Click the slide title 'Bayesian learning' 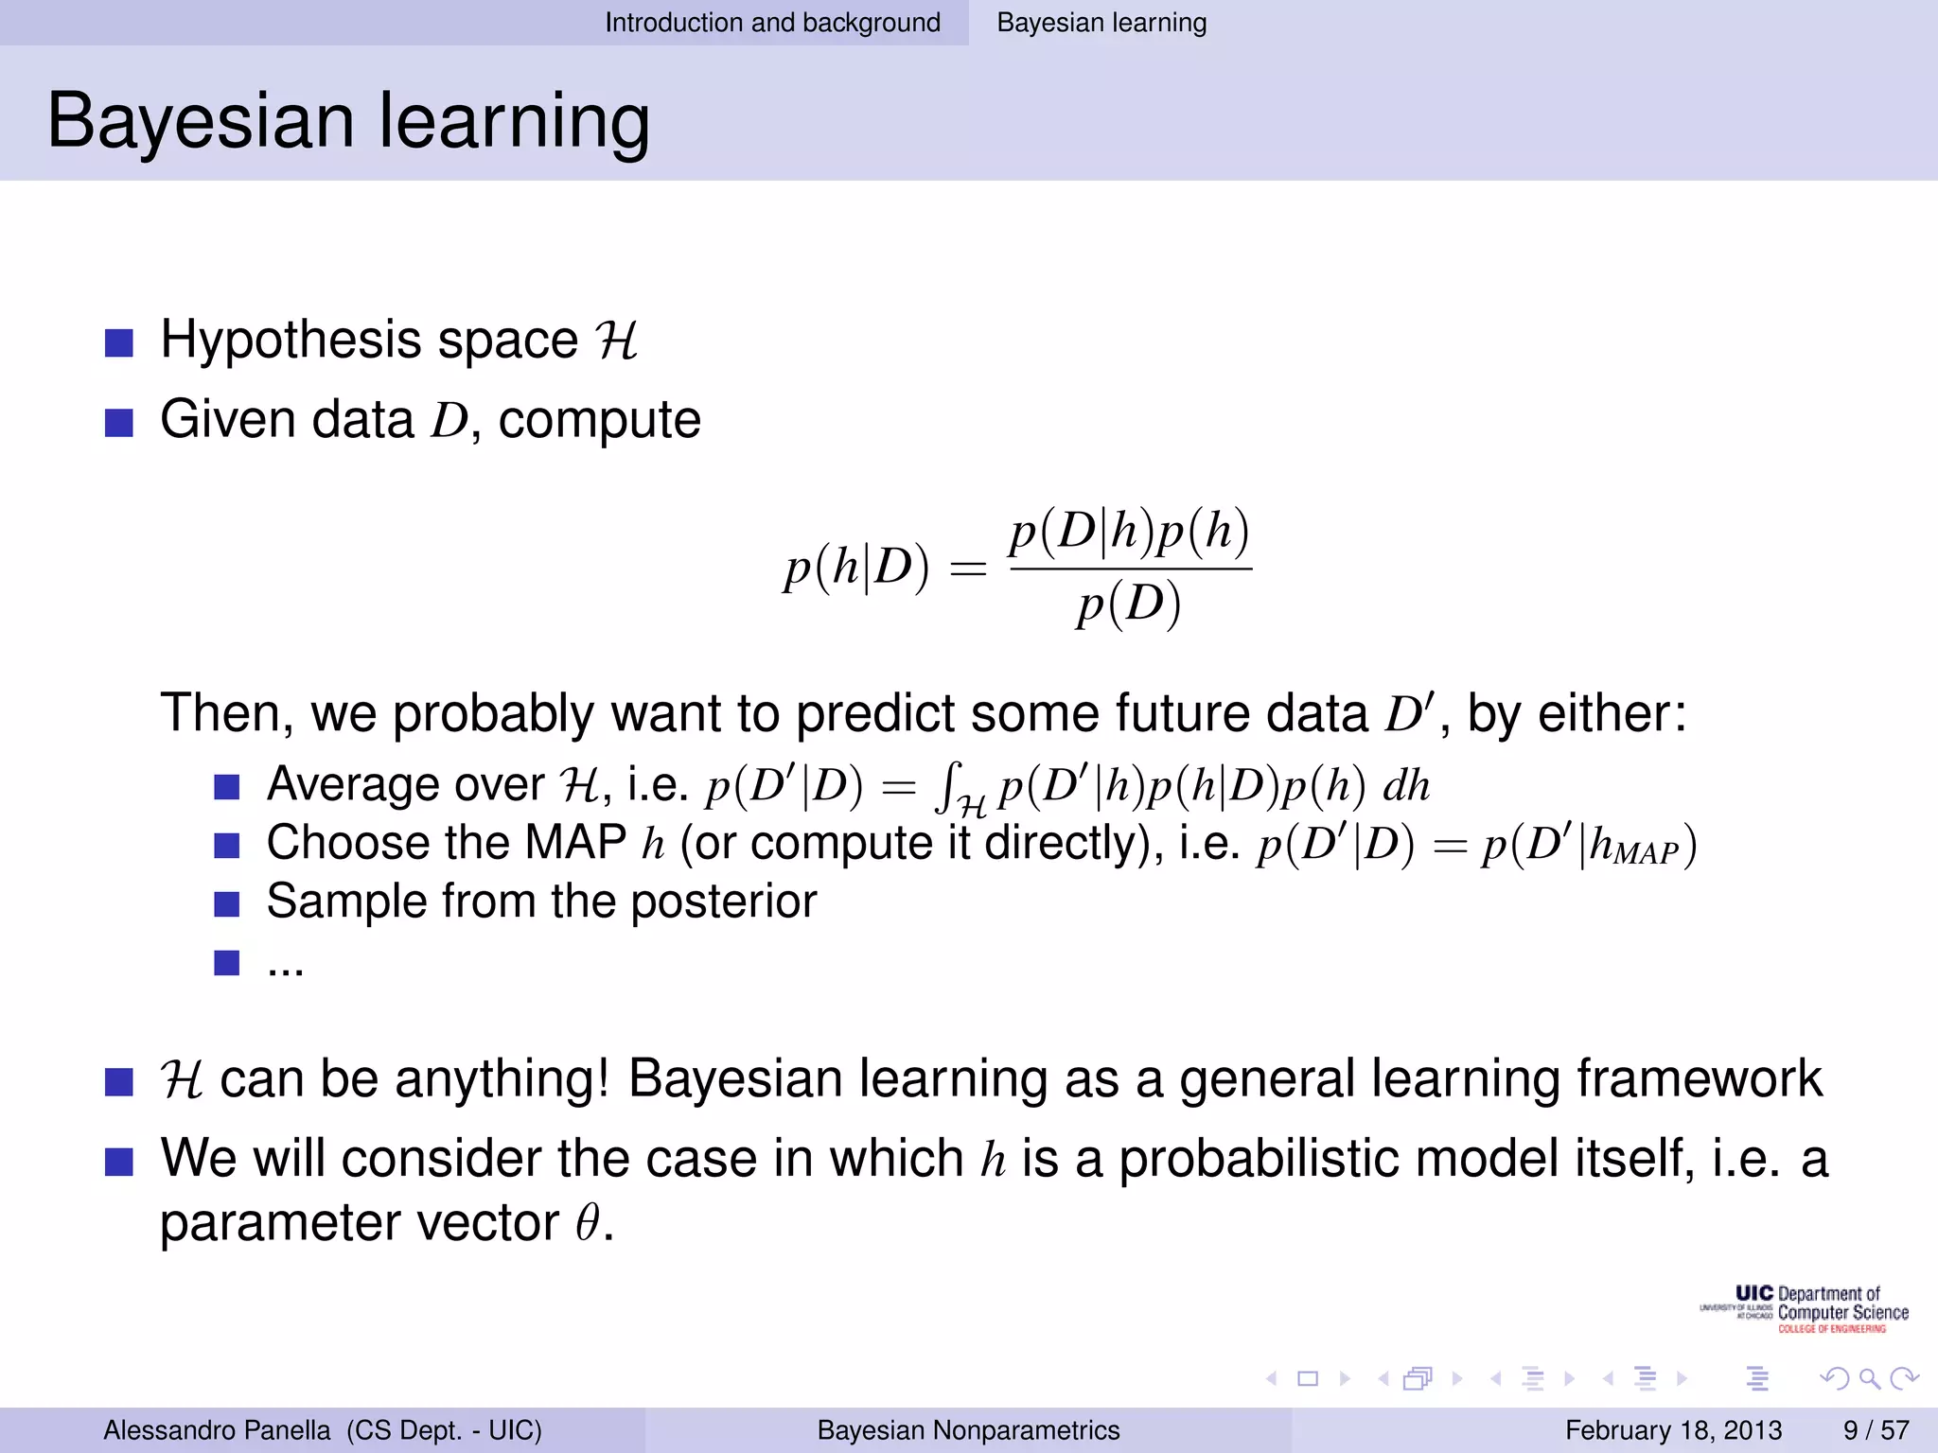(x=348, y=121)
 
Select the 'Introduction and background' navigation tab (x=772, y=23)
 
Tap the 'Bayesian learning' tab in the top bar (x=1101, y=23)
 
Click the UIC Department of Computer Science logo (x=1804, y=1309)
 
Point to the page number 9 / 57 (x=1876, y=1429)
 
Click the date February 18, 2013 (x=1673, y=1429)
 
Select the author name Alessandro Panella (x=217, y=1429)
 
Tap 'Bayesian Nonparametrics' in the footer (x=968, y=1429)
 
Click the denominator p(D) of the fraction (x=1129, y=605)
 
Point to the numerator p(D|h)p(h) (x=1129, y=532)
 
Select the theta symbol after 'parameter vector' (x=588, y=1222)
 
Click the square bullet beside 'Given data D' (x=119, y=422)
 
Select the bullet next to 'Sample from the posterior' (x=226, y=903)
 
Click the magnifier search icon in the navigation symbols (x=1869, y=1379)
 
